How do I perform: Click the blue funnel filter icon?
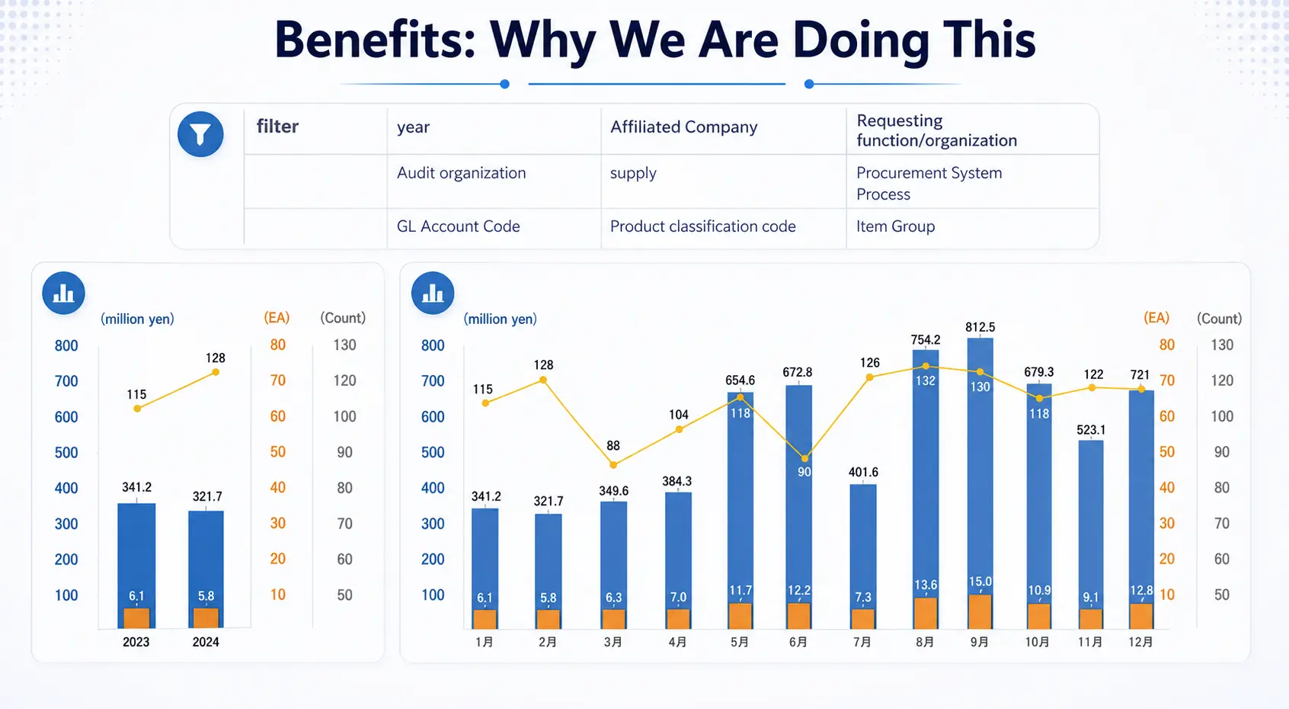pos(200,135)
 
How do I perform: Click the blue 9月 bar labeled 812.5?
pos(980,473)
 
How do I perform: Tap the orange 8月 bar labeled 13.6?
pos(926,614)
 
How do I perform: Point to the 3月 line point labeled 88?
pos(613,464)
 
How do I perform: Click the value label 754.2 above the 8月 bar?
pos(926,340)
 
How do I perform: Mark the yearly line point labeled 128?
pos(216,372)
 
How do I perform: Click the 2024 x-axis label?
pos(206,642)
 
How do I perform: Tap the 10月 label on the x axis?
pos(1037,642)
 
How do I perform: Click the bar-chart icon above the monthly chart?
pos(433,293)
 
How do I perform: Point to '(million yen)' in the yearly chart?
pos(137,319)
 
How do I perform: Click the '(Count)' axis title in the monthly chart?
pos(1219,319)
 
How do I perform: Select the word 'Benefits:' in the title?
pos(374,40)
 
